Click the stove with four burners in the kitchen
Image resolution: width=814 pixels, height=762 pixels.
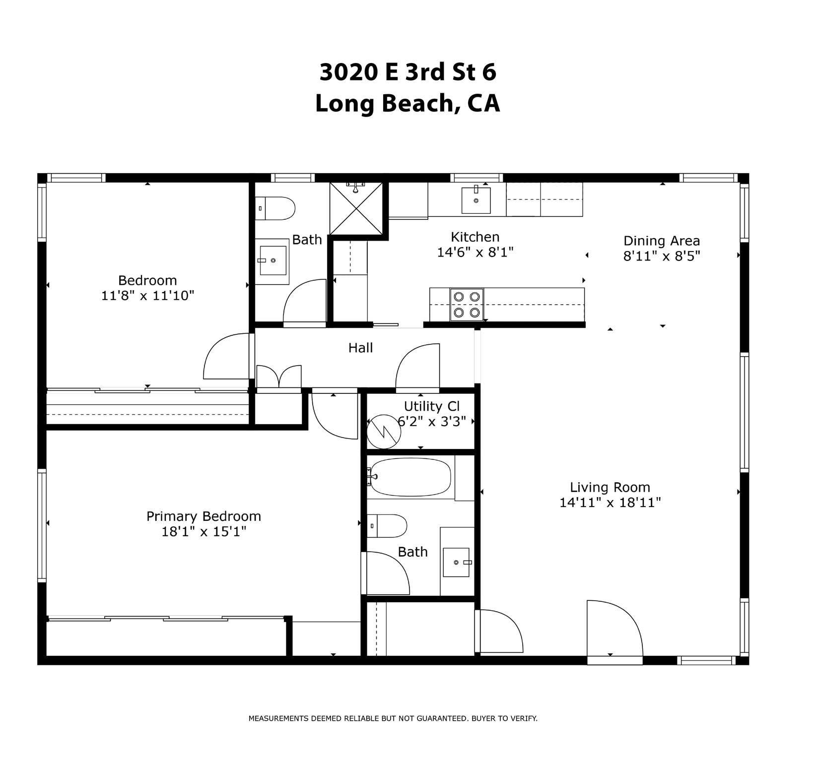coord(467,305)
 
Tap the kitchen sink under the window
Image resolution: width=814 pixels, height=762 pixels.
coord(476,200)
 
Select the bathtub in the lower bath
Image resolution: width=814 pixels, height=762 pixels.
coord(410,477)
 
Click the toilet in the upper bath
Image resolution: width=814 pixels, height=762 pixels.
coord(275,208)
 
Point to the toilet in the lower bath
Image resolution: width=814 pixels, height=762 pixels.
coord(388,526)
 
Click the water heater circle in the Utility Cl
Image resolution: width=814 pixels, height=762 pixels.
coord(384,432)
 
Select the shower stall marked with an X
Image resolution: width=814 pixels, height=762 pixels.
coord(356,208)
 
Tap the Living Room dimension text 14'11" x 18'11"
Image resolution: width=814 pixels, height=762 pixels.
coord(610,503)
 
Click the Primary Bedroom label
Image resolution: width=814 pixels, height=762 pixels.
coord(203,516)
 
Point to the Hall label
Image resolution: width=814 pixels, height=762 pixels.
coord(360,348)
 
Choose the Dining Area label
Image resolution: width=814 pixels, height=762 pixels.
coord(662,241)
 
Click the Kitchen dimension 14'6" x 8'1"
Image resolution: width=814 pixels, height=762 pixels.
coord(475,253)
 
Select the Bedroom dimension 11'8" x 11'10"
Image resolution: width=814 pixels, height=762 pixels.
coord(147,296)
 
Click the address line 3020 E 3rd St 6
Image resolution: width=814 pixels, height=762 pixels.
coord(407,72)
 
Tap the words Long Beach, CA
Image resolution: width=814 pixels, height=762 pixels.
coord(407,104)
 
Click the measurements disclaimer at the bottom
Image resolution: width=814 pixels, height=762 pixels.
coord(393,718)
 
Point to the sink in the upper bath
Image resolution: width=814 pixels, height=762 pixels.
coord(272,260)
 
